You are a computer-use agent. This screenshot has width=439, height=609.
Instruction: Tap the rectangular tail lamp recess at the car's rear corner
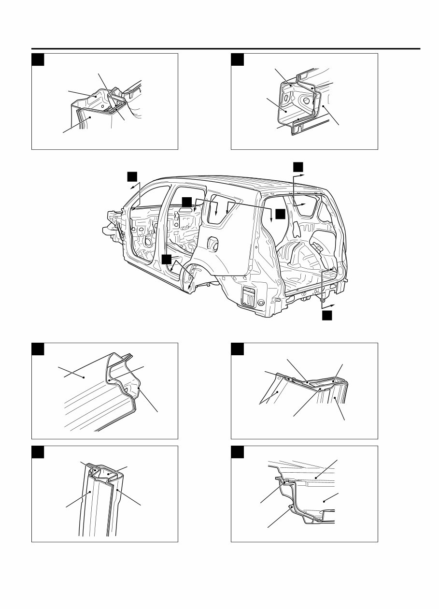[x=249, y=296]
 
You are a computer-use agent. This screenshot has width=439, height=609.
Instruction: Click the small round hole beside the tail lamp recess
[x=261, y=303]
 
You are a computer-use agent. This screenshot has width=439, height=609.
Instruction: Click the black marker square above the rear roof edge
[x=298, y=167]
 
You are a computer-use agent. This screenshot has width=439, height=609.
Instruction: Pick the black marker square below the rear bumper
[x=327, y=315]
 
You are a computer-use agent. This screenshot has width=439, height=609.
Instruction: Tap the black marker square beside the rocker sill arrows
[x=167, y=260]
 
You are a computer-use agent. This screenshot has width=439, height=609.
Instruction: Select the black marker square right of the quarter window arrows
[x=281, y=214]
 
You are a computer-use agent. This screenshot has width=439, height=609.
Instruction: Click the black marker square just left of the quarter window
[x=186, y=202]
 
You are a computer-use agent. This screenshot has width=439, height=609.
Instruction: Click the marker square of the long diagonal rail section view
[x=38, y=349]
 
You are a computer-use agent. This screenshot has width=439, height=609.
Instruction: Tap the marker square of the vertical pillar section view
[x=38, y=452]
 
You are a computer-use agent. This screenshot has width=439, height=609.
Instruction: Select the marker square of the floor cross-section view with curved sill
[x=238, y=452]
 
